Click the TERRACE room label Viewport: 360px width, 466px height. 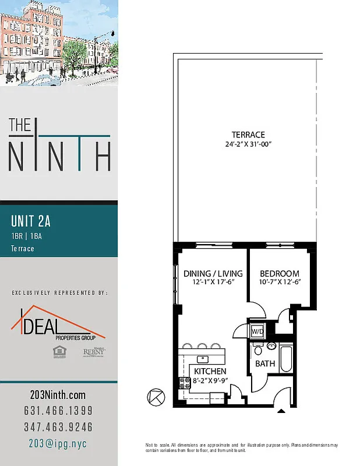(248, 135)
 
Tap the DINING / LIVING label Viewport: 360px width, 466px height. (213, 273)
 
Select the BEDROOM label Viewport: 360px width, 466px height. (280, 273)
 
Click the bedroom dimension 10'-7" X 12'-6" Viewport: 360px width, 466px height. (280, 283)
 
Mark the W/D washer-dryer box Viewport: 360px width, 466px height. (256, 331)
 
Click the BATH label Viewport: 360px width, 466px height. (265, 363)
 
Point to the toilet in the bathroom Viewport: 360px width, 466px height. (258, 351)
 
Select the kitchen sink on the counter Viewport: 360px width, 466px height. (202, 358)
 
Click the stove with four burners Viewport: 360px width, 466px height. (185, 383)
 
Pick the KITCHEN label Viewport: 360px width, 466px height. (210, 371)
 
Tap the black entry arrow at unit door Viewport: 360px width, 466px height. (281, 411)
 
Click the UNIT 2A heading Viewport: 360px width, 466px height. (31, 221)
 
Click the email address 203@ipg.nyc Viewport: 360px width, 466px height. (58, 443)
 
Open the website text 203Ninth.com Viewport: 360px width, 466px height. (58, 395)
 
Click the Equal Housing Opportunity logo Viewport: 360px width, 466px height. (58, 351)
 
